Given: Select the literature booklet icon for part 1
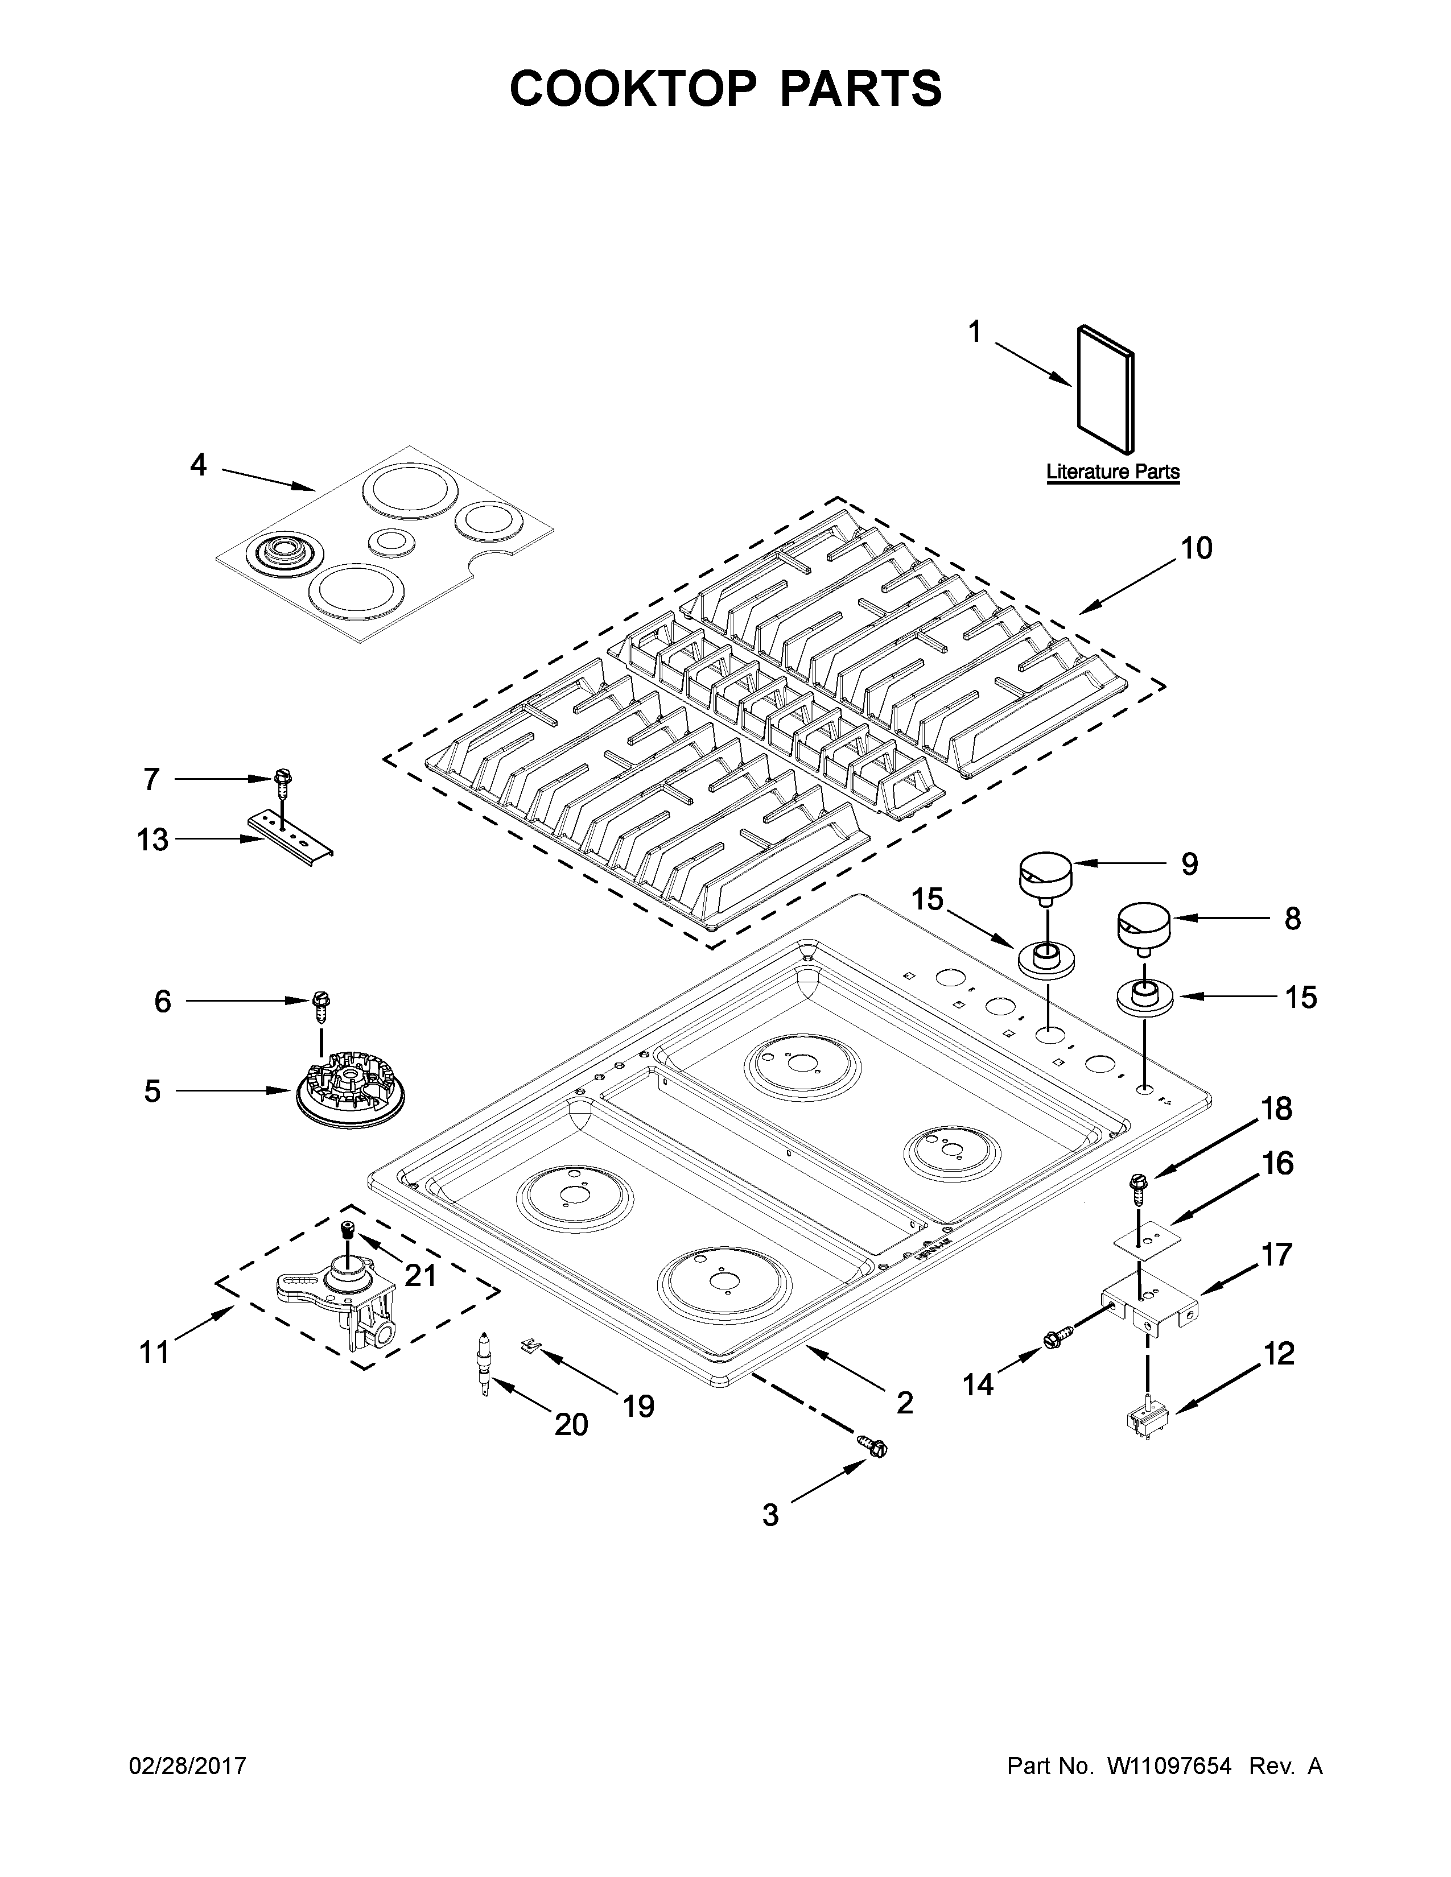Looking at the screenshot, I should tap(1106, 388).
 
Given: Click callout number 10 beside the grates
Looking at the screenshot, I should tap(1196, 548).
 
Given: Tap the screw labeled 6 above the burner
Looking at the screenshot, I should tap(322, 1004).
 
